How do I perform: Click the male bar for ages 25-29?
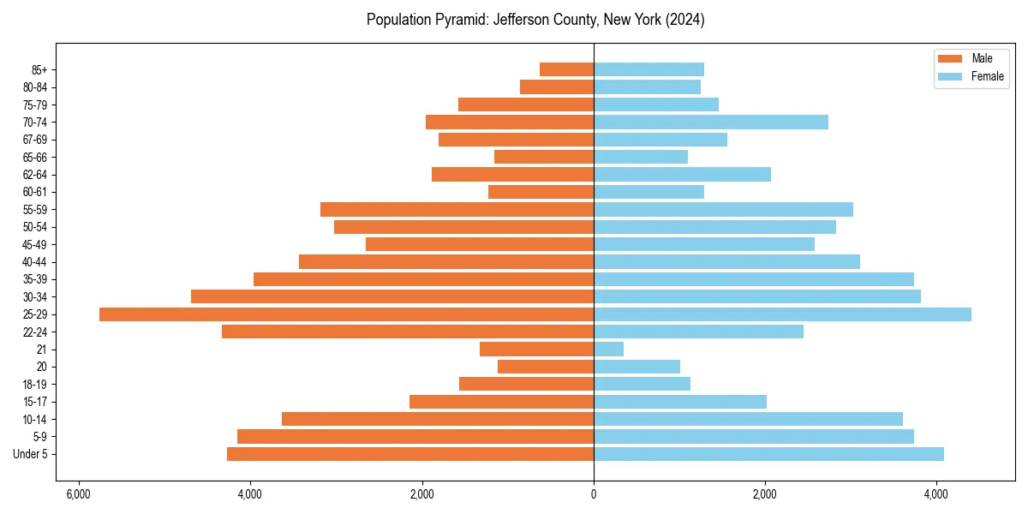(346, 314)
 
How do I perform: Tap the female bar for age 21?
(608, 350)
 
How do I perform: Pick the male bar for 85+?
(566, 69)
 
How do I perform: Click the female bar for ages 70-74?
(711, 123)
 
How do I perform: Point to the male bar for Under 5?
(410, 454)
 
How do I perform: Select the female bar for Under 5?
(768, 454)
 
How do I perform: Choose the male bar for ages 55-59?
(457, 210)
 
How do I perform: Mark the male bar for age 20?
(546, 367)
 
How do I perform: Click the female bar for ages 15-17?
(680, 402)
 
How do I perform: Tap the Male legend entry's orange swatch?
(950, 58)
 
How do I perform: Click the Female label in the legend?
(987, 76)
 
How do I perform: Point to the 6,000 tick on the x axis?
(79, 494)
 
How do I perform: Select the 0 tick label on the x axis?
(594, 494)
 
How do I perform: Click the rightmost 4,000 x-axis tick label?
(936, 494)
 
